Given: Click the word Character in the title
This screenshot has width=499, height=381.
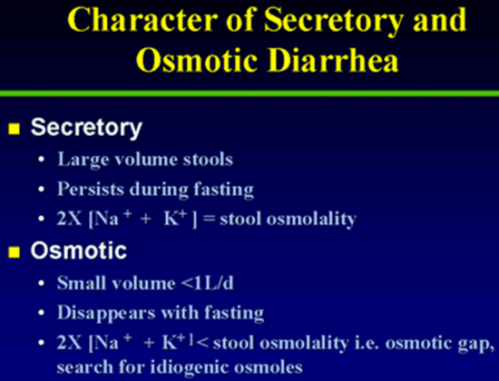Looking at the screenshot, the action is (x=142, y=19).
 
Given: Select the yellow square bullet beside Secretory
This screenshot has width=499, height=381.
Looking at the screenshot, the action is (x=14, y=129).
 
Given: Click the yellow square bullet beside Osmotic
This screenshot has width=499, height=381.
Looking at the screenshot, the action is (x=14, y=252).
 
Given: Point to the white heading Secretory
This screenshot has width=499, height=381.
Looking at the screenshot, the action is (x=86, y=128).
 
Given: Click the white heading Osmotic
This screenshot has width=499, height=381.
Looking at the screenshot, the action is (x=79, y=250).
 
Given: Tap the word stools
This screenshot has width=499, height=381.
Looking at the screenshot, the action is (x=208, y=159).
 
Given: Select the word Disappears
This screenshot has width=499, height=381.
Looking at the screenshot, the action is (x=107, y=313).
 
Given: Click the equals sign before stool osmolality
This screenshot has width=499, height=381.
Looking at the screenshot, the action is (x=209, y=220).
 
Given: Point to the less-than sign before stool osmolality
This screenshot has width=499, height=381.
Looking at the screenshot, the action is (x=202, y=343).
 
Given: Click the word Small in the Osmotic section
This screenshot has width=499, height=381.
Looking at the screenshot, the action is (x=83, y=283).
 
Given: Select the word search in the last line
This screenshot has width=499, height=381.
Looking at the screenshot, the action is (x=85, y=367).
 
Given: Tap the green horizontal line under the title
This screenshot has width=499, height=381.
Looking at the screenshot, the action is (x=249, y=93).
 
